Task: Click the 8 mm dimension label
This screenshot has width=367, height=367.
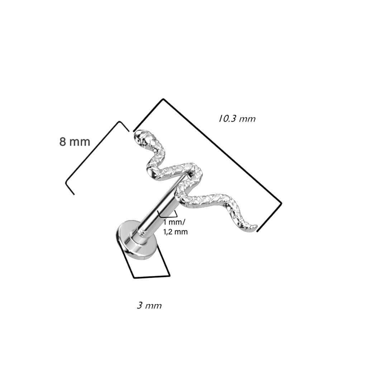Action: pyautogui.click(x=75, y=142)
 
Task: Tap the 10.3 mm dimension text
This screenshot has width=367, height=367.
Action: pyautogui.click(x=237, y=119)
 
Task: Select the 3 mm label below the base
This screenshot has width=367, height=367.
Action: pyautogui.click(x=149, y=306)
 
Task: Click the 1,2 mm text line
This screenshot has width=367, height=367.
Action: pyautogui.click(x=175, y=232)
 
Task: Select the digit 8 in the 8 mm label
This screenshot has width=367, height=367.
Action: pyautogui.click(x=63, y=142)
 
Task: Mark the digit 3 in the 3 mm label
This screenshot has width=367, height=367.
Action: pyautogui.click(x=139, y=306)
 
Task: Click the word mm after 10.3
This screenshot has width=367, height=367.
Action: pyautogui.click(x=248, y=119)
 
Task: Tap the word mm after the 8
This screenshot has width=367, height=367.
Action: pyautogui.click(x=80, y=142)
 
